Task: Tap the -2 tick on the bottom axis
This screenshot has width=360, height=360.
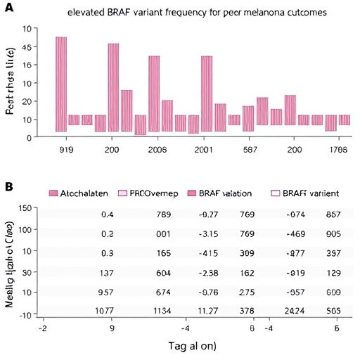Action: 44,328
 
